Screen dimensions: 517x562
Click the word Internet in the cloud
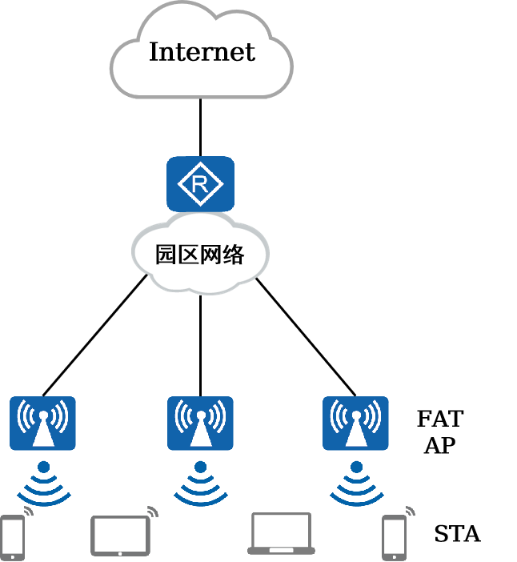202,52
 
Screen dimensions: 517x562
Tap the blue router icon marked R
200,184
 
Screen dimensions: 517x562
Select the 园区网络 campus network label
199,255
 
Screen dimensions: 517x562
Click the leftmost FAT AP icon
42,423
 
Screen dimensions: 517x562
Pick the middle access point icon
200,423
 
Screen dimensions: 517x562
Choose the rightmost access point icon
355,423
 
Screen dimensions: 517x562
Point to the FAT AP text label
440,432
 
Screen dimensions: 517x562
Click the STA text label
457,534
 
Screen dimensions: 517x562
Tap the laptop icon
281,534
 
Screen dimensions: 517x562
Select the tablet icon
120,536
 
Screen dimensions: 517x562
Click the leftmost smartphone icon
13,538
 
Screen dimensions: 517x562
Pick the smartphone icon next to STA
394,538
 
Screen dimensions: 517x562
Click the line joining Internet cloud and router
200,127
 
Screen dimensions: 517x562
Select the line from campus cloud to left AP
95,335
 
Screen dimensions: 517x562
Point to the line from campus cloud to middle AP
200,346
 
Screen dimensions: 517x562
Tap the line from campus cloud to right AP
306,337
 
